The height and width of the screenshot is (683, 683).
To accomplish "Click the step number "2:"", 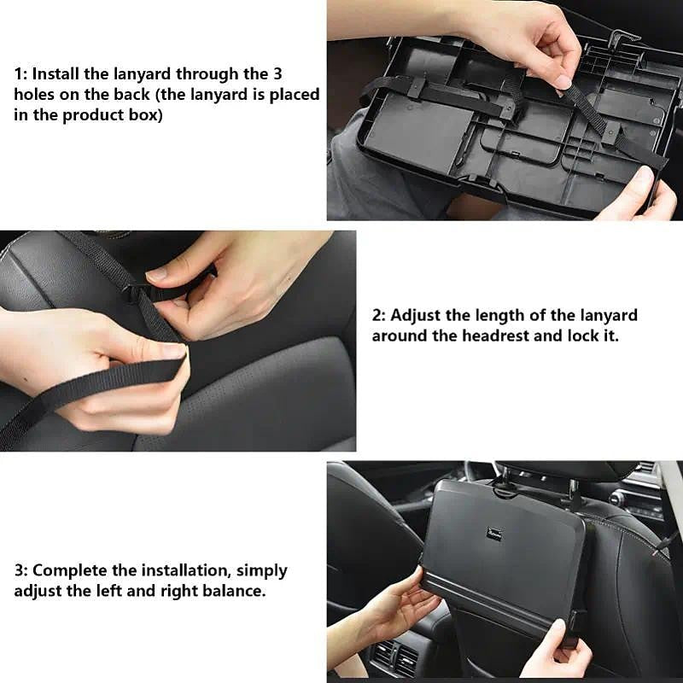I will click(x=380, y=316).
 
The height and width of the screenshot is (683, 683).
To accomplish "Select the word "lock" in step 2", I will click(x=583, y=336).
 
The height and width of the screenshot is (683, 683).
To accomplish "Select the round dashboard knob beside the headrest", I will click(x=617, y=497).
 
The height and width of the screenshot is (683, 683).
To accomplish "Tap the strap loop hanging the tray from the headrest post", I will click(x=504, y=488).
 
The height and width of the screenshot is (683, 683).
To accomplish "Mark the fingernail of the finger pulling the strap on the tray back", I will click(x=563, y=82).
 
